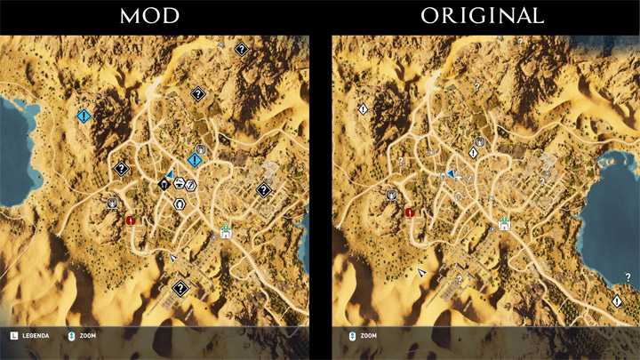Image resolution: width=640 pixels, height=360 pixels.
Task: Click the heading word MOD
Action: [153, 15]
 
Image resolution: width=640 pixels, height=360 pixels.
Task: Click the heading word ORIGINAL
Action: [482, 15]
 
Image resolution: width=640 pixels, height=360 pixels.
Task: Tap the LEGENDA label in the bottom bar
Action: [36, 336]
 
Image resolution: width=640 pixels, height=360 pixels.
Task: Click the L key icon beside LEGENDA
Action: [13, 336]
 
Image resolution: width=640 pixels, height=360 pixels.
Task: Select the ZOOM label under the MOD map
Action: [86, 336]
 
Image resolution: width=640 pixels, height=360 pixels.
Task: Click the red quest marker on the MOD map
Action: [131, 220]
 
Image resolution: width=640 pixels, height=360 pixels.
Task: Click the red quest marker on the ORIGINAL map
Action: [410, 212]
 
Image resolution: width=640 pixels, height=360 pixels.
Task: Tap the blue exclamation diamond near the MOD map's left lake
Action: [84, 116]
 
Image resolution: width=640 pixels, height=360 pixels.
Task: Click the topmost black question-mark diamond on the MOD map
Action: [241, 51]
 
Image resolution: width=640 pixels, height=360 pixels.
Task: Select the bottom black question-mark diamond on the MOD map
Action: [180, 288]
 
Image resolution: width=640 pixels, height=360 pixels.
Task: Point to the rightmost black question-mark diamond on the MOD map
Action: [263, 189]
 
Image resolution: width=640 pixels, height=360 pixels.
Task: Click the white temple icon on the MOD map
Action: [226, 233]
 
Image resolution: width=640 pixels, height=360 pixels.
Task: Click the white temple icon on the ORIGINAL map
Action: [504, 223]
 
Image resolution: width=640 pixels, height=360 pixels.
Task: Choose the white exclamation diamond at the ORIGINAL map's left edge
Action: [364, 108]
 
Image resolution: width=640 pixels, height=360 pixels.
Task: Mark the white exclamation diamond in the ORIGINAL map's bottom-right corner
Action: [617, 301]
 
